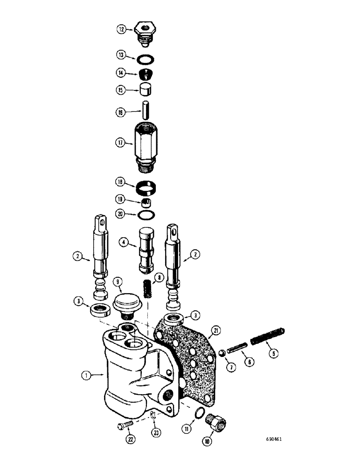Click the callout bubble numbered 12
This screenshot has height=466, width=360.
point(121,29)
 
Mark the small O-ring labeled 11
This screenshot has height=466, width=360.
point(199,413)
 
